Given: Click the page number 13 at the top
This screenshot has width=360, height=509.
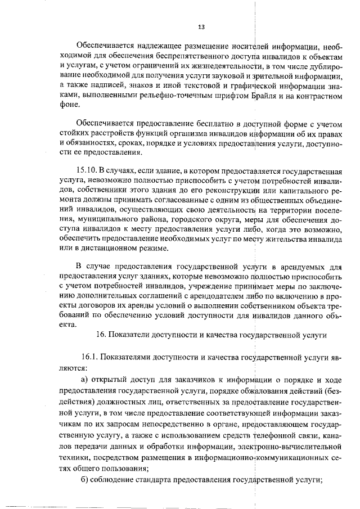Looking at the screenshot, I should pos(201,27).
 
